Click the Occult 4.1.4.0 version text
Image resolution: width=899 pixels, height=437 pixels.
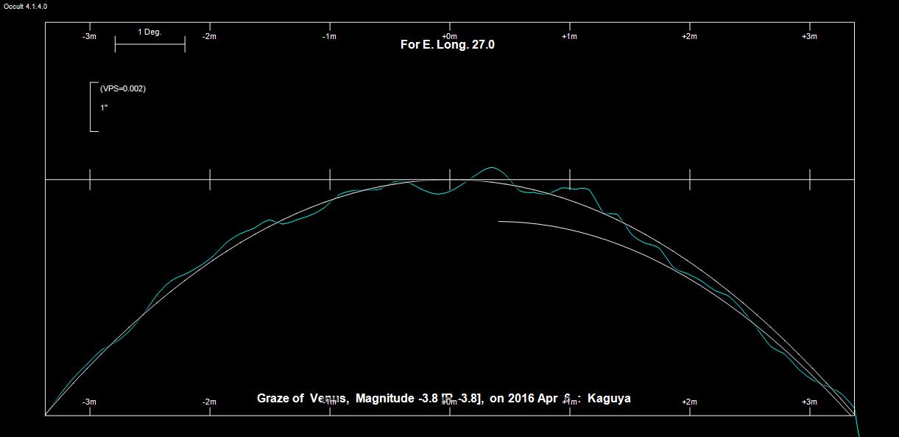[x=25, y=6]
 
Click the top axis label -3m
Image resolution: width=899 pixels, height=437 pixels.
[x=89, y=36]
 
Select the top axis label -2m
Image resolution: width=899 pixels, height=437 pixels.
[x=209, y=36]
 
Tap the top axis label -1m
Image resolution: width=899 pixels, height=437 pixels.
[x=329, y=36]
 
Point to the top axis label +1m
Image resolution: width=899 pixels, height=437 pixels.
[x=569, y=36]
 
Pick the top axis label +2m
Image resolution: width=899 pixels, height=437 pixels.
[x=689, y=36]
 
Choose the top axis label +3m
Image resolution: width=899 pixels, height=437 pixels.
[x=809, y=36]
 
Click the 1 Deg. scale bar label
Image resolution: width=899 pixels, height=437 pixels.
[x=149, y=32]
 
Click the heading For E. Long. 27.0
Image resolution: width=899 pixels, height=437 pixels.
[x=448, y=45]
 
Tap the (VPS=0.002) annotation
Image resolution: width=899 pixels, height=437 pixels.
[x=123, y=88]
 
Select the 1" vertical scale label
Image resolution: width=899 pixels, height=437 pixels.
[x=104, y=108]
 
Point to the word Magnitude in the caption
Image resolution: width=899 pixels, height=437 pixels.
[x=384, y=399]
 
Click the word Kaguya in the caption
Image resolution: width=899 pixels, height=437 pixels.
[x=610, y=399]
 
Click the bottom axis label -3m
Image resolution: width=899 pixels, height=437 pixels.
[x=89, y=402]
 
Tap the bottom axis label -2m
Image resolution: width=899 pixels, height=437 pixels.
[x=209, y=402]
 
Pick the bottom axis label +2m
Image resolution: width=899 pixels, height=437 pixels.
[x=689, y=402]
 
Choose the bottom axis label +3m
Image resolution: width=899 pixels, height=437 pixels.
[x=809, y=402]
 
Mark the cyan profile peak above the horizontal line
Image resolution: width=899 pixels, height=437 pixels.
[x=491, y=167]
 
